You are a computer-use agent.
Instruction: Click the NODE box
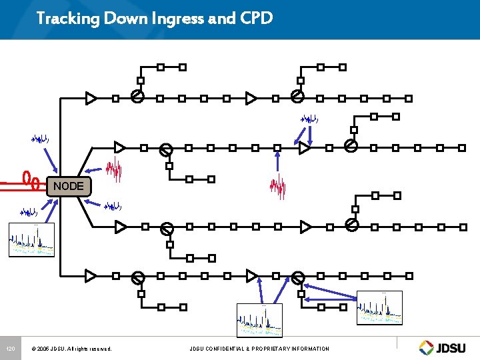(x=69, y=186)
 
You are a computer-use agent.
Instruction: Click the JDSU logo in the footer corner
(x=445, y=347)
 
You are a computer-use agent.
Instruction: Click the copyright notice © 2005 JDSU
(x=75, y=349)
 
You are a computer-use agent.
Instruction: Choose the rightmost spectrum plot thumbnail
(x=379, y=308)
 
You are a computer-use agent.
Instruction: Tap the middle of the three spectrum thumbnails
(x=259, y=321)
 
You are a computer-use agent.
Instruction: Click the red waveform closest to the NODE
(x=117, y=170)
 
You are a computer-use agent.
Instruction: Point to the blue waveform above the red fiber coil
(x=41, y=139)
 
